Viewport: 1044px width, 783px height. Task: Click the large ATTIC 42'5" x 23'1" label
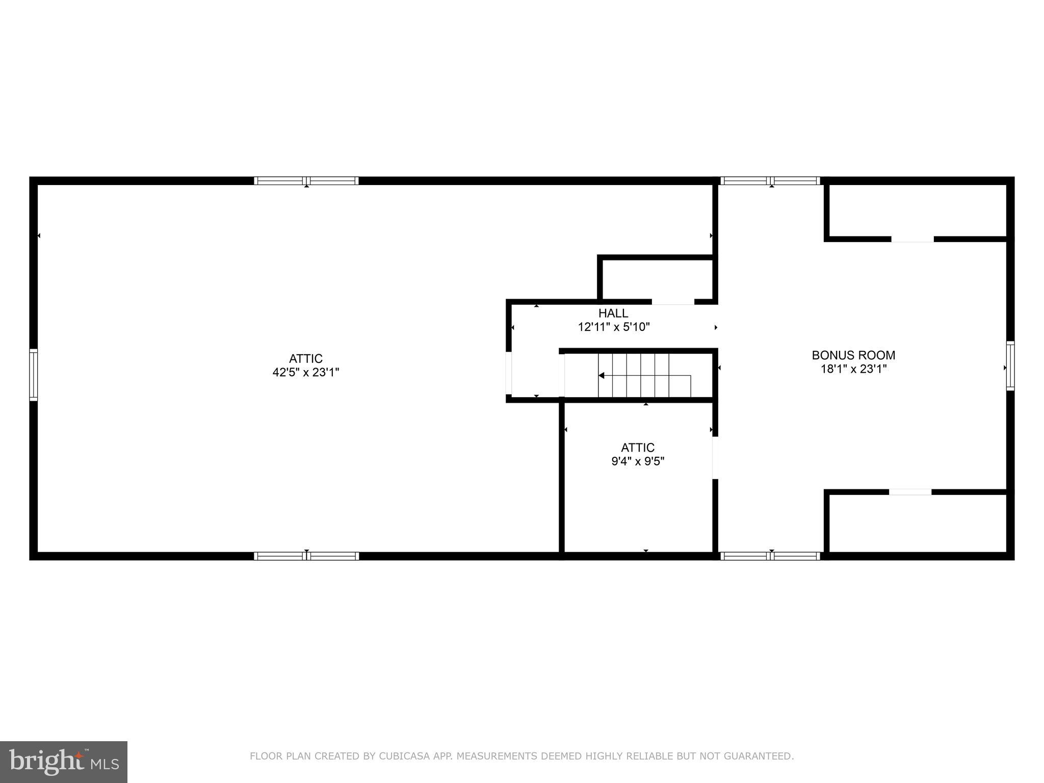click(306, 366)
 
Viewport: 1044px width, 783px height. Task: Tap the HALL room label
click(613, 313)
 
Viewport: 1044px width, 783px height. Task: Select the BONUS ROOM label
click(853, 355)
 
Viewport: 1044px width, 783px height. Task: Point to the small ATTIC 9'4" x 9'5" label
click(638, 454)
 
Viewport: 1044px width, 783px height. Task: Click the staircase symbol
click(644, 376)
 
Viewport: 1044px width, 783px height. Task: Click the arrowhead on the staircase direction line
click(602, 376)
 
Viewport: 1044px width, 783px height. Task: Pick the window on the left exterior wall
click(34, 375)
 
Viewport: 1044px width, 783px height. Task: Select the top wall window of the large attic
click(306, 181)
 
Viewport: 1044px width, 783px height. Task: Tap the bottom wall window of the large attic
click(306, 556)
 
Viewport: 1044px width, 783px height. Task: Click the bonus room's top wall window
click(770, 181)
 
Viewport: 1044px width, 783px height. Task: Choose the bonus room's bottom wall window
click(770, 556)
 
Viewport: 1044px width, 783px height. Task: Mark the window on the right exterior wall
click(1010, 366)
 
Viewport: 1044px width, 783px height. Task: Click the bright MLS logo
click(64, 762)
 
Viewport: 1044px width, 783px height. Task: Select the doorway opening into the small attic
click(715, 458)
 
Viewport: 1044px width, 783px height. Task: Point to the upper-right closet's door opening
click(912, 239)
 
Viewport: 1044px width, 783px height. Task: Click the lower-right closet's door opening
click(910, 492)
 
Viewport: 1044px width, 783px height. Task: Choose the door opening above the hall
click(673, 302)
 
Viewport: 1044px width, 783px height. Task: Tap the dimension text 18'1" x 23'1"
click(853, 369)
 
